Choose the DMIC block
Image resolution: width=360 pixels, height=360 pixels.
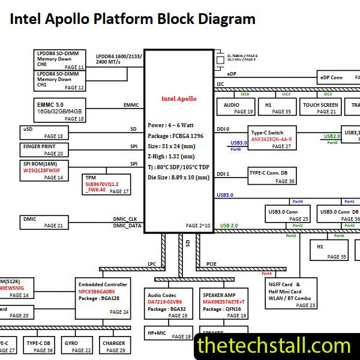[51, 222]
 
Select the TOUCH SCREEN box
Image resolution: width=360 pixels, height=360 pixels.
[320, 108]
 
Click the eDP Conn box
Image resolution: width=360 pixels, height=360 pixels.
[338, 77]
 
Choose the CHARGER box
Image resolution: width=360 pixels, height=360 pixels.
[113, 346]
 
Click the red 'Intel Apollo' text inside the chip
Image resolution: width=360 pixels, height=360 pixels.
[179, 99]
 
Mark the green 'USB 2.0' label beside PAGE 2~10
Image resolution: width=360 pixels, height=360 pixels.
[229, 226]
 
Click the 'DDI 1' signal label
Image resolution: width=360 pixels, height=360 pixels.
[223, 174]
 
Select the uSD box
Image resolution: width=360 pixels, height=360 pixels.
[51, 132]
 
